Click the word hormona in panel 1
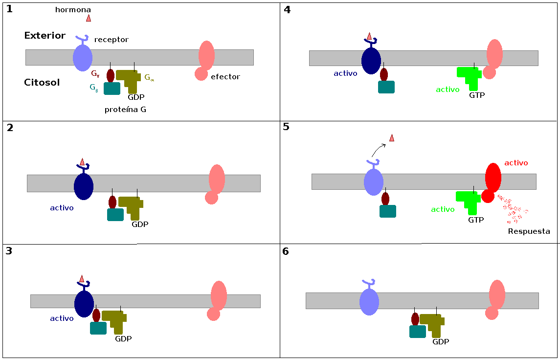73,10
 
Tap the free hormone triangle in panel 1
89,18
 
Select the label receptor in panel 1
111,40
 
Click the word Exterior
45,36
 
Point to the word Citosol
42,83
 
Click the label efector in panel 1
225,77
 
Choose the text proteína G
125,110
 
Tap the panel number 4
287,10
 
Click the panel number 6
286,251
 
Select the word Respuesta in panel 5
529,231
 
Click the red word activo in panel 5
516,163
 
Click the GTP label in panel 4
477,95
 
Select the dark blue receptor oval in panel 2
84,186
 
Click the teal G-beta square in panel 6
417,332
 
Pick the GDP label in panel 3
123,338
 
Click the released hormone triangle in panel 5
392,138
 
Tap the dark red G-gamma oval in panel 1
111,75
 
